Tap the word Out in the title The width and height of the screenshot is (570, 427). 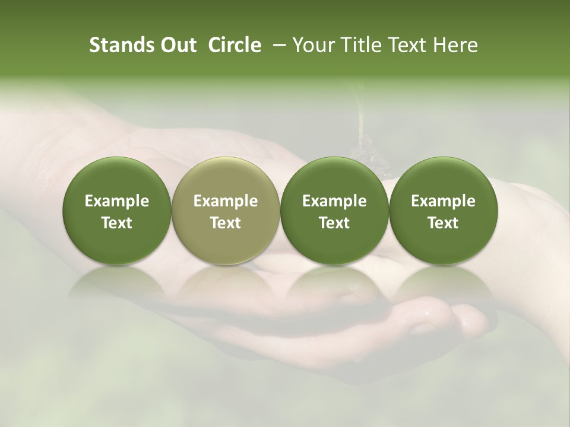point(178,46)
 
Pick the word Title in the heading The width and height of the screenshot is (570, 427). point(361,46)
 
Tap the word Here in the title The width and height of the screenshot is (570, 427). point(456,46)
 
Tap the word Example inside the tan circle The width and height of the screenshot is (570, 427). point(226,202)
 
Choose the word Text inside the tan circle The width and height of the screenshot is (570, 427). point(226,224)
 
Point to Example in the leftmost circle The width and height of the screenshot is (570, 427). point(116,202)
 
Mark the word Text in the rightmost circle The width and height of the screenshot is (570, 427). point(443,224)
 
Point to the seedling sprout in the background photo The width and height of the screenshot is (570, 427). point(360,119)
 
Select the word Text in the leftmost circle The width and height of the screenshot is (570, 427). point(116,224)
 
